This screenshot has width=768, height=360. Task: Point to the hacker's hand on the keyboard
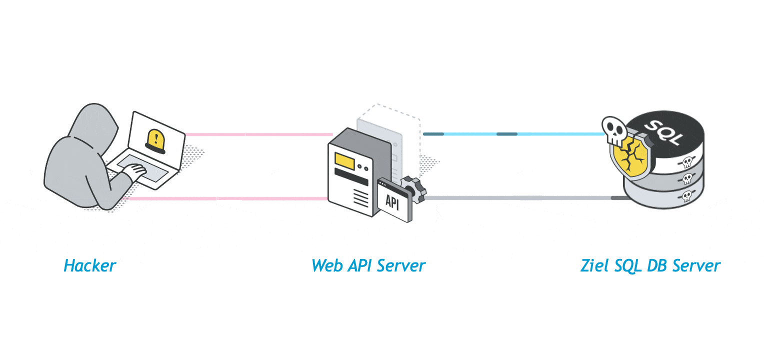pyautogui.click(x=134, y=171)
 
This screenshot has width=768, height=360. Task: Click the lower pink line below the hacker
pyautogui.click(x=225, y=198)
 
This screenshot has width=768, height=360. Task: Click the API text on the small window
pyautogui.click(x=392, y=202)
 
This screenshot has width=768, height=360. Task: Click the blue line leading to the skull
pyautogui.click(x=515, y=134)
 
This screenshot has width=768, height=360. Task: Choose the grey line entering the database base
pyautogui.click(x=520, y=198)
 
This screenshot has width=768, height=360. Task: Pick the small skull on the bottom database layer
pyautogui.click(x=687, y=195)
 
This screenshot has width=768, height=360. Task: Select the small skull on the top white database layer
pyautogui.click(x=687, y=161)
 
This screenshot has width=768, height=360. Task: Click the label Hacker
pyautogui.click(x=90, y=265)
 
